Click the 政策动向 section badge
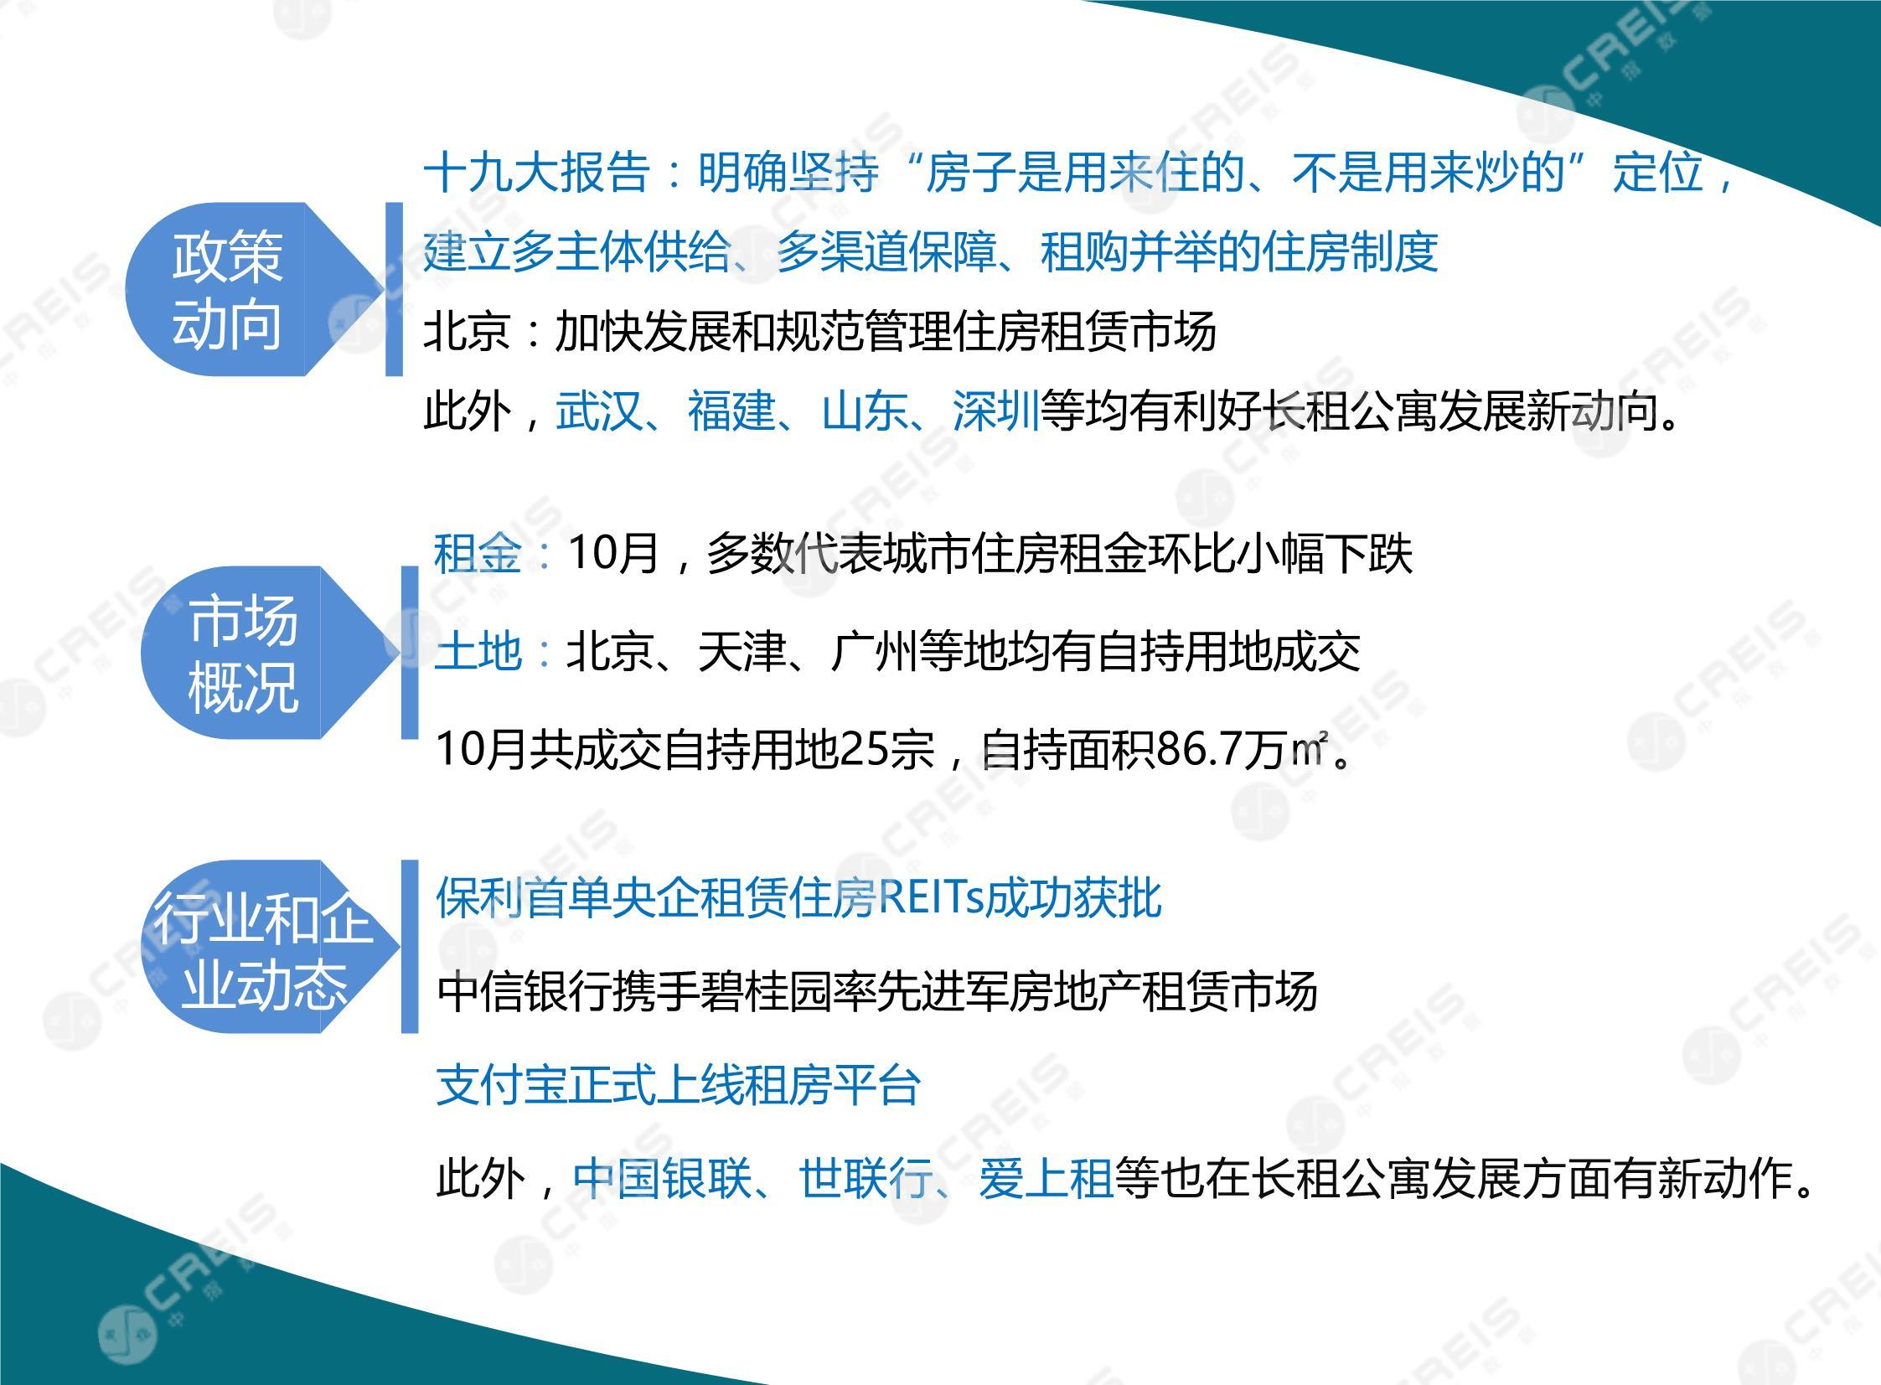coord(251,289)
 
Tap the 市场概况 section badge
coord(268,652)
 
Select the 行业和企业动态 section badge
coord(268,947)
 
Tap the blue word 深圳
coord(997,411)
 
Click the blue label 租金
coord(478,554)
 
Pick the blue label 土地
coord(478,651)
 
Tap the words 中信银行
coord(525,992)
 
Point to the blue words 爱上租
coord(1046,1179)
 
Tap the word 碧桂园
coord(809,992)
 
